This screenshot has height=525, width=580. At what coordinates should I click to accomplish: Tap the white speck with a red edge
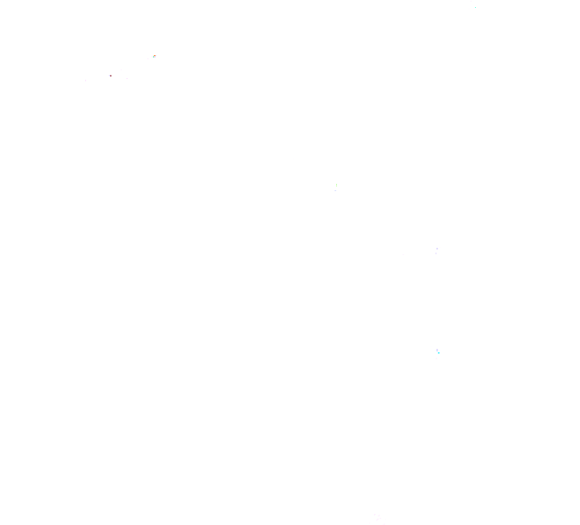110,76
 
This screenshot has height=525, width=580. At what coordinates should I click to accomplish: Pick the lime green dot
336,186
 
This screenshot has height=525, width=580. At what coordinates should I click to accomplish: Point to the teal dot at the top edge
475,7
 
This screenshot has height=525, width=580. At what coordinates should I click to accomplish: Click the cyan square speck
439,353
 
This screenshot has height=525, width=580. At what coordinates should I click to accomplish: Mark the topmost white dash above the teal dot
471,1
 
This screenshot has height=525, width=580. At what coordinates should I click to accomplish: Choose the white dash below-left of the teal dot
469,9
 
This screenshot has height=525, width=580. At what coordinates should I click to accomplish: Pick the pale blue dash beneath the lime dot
335,190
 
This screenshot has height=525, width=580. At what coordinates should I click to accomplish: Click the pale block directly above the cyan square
437,350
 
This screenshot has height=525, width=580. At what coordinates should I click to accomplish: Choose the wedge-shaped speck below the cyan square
436,358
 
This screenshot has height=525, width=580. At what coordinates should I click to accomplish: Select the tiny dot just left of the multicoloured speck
148,58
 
